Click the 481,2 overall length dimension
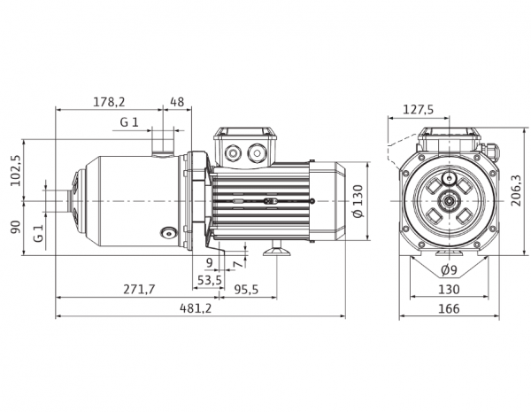point(196,308)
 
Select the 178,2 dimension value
point(109,102)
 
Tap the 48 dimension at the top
point(177,102)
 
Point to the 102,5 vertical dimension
point(16,170)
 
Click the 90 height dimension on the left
point(16,227)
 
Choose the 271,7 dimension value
point(139,289)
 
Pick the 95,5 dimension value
point(246,289)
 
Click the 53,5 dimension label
point(210,280)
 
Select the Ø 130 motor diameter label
point(358,201)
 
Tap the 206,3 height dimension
point(516,190)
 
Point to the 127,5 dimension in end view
point(419,110)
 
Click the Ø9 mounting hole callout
point(449,270)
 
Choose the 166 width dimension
point(449,308)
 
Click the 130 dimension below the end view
point(449,289)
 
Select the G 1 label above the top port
point(129,121)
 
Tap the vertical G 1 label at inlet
point(39,233)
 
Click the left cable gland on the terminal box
point(233,152)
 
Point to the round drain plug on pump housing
point(168,233)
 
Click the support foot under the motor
point(277,250)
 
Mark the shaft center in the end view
point(449,201)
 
